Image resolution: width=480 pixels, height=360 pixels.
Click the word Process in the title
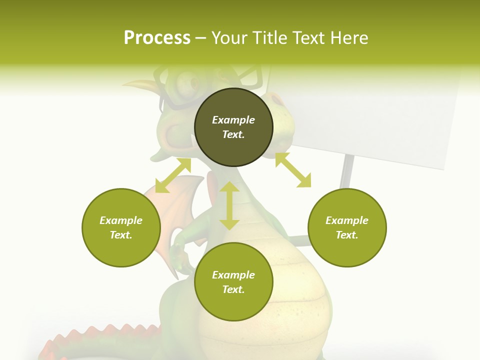[x=157, y=38]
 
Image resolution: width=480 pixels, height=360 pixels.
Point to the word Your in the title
[x=229, y=38]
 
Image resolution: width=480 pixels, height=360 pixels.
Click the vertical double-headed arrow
[x=229, y=205]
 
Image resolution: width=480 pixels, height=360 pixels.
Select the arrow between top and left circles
[x=173, y=175]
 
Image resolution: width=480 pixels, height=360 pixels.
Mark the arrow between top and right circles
[x=293, y=170]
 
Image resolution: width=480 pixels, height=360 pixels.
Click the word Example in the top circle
[x=233, y=120]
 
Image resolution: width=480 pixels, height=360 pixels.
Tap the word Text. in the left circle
[x=121, y=235]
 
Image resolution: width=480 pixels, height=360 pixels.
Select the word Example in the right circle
[x=347, y=220]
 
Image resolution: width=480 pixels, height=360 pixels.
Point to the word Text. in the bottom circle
[x=233, y=289]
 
